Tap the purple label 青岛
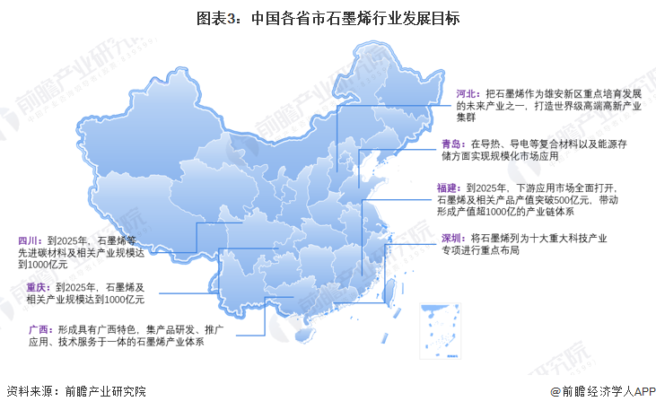click(x=452, y=144)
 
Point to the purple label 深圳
click(x=452, y=238)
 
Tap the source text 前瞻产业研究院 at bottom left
click(x=101, y=391)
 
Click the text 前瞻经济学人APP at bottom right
click(x=605, y=392)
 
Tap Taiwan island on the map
click(x=391, y=287)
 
